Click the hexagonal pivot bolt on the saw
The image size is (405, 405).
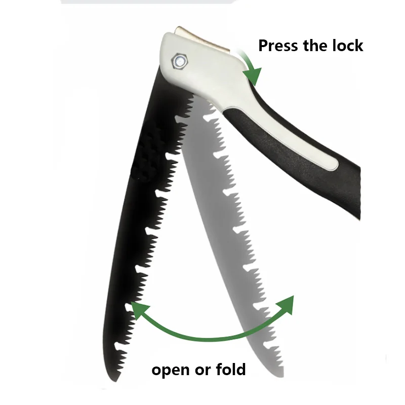click(x=180, y=62)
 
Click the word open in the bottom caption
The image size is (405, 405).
click(x=171, y=370)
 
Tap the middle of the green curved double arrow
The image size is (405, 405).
click(x=208, y=338)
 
